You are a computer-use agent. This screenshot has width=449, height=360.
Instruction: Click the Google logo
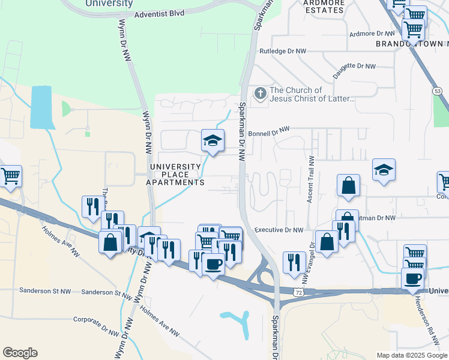pos(20,353)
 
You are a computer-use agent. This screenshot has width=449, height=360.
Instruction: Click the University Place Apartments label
pos(176,174)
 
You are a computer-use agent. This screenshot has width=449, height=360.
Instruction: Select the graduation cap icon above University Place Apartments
pos(212,142)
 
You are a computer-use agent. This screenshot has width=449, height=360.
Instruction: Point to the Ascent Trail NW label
pos(311,180)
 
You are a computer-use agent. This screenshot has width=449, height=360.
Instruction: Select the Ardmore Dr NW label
pos(372,34)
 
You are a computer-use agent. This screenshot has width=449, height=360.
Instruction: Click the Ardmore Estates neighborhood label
pos(324,6)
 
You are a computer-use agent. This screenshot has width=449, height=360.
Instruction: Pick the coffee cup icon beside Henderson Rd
pos(413,279)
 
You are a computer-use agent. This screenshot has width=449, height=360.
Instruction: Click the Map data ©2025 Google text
pos(412,355)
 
